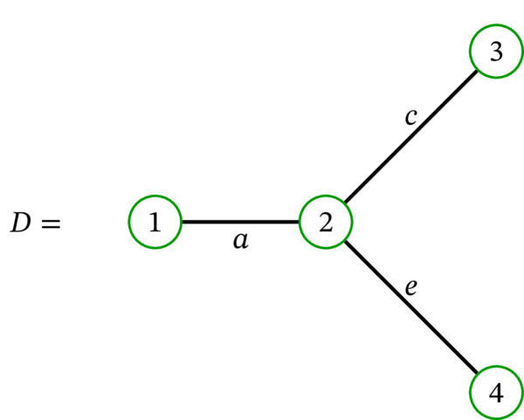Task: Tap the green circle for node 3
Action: click(496, 52)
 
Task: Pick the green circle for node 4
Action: click(496, 393)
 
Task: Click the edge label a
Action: click(240, 241)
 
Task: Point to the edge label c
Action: click(410, 116)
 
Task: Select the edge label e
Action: click(410, 287)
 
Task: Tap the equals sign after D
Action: click(50, 224)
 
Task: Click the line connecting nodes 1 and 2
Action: click(240, 222)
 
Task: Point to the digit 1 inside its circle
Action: click(155, 223)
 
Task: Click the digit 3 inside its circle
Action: click(496, 52)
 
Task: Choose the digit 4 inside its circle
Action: click(496, 393)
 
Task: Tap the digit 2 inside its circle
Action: click(326, 223)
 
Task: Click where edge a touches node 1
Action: click(181, 222)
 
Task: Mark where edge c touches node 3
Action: click(478, 70)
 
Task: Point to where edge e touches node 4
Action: click(478, 375)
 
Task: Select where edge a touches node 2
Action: click(300, 222)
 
